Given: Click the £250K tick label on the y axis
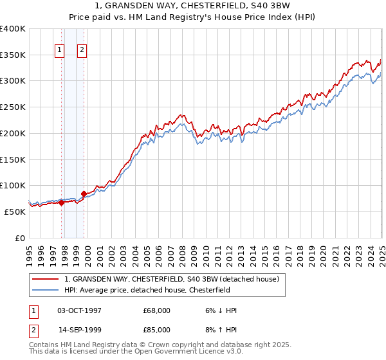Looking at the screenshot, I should (12, 107).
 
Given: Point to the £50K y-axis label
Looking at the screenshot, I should (15, 212).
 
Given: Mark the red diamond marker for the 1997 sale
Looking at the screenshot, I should (62, 203).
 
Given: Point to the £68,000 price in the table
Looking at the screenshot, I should (157, 310).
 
